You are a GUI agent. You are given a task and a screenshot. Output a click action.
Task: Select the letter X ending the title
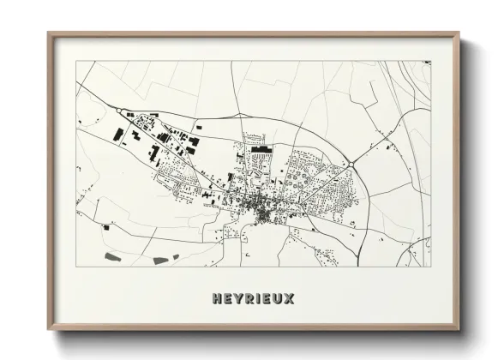(290, 299)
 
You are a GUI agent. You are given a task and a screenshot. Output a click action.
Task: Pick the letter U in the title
(279, 299)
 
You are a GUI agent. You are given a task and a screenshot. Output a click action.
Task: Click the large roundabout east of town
(351, 165)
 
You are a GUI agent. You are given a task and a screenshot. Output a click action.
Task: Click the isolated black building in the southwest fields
(105, 228)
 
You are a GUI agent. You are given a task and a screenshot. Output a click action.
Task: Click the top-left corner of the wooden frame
(49, 33)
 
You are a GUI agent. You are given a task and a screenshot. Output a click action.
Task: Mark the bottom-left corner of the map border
(76, 267)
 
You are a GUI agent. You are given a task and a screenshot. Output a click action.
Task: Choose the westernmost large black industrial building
(117, 135)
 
